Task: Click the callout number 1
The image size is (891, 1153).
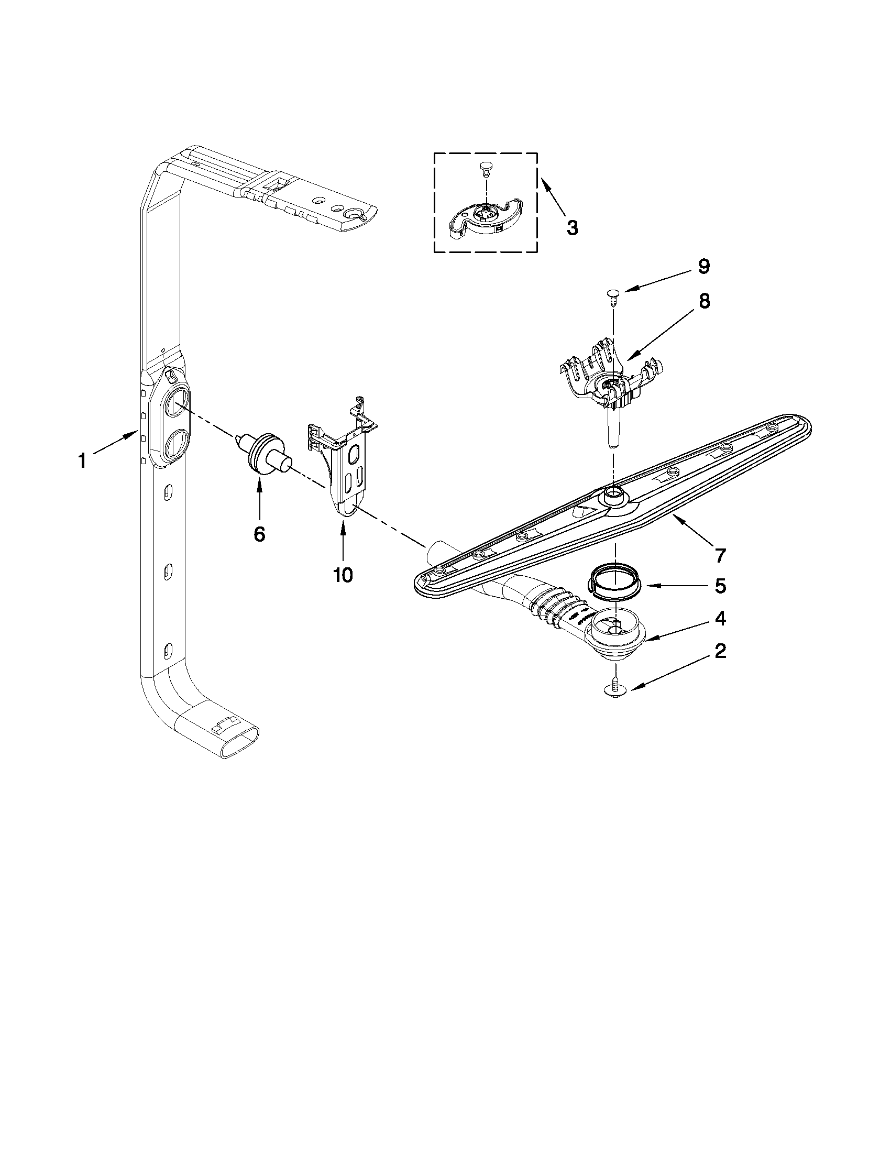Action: pyautogui.click(x=82, y=462)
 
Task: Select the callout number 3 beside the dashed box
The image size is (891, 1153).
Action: pyautogui.click(x=571, y=227)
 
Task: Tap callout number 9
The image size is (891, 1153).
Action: pyautogui.click(x=703, y=267)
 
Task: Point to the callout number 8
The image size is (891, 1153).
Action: pyautogui.click(x=703, y=301)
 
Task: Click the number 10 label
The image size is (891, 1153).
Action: pyautogui.click(x=343, y=575)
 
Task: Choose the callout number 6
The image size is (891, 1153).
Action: pyautogui.click(x=259, y=534)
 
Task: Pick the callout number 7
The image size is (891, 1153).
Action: pyautogui.click(x=720, y=555)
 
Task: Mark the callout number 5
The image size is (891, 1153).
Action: pyautogui.click(x=720, y=586)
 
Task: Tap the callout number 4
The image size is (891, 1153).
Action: pyautogui.click(x=720, y=618)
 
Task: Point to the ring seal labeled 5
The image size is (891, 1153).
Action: pyautogui.click(x=613, y=581)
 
